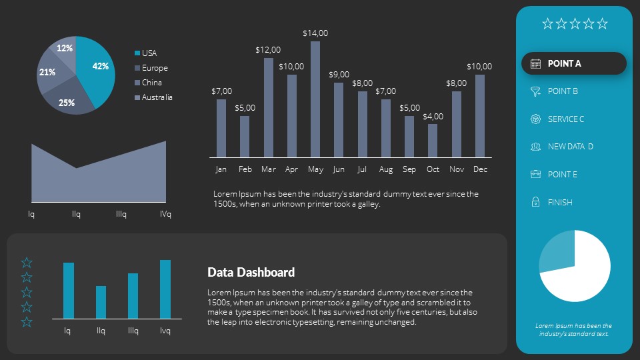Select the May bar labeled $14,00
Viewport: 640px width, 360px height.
tap(315, 99)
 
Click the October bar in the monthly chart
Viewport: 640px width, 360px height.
tap(433, 141)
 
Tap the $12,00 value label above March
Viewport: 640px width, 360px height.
tap(268, 49)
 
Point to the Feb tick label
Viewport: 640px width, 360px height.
tap(245, 169)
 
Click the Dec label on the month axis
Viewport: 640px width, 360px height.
tap(480, 169)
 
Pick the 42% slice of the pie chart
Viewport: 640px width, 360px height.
tap(97, 70)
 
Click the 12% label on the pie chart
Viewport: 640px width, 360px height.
tap(65, 48)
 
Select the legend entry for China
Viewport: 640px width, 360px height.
tap(151, 83)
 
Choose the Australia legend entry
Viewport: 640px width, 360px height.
tap(157, 97)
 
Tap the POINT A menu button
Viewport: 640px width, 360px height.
tap(573, 63)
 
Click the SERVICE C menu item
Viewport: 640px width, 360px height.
tap(565, 119)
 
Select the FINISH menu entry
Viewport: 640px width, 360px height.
tap(560, 202)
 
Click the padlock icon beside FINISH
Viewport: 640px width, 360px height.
tap(535, 202)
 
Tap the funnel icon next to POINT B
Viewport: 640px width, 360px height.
tap(535, 91)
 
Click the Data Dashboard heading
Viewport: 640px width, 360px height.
tap(251, 272)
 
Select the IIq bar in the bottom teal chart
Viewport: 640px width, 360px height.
tap(101, 302)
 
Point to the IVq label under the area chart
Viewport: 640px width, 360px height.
tap(165, 214)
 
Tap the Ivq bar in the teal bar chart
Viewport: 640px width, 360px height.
tap(165, 289)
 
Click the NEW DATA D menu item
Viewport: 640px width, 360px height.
tap(570, 147)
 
